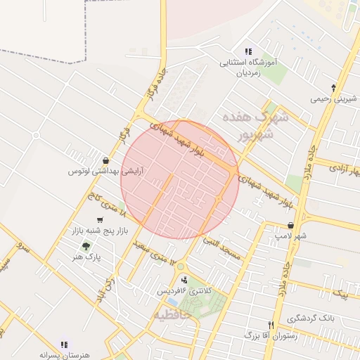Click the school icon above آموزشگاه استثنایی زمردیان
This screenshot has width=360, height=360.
tap(248, 51)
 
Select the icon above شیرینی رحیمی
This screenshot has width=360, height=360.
tap(334, 89)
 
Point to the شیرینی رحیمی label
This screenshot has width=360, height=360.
tap(334, 100)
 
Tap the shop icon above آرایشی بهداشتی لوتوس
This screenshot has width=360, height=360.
tap(105, 160)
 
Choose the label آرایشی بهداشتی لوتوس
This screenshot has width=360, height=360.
tap(105, 172)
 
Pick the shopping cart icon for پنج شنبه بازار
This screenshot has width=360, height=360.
tap(89, 219)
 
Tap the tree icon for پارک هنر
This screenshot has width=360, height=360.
tap(86, 246)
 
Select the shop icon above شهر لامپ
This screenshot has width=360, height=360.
tap(290, 225)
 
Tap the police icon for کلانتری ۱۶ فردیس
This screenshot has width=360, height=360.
tap(184, 279)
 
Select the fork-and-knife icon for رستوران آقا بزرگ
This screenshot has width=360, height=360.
tap(271, 325)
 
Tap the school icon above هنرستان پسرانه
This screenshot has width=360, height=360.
tap(64, 345)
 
